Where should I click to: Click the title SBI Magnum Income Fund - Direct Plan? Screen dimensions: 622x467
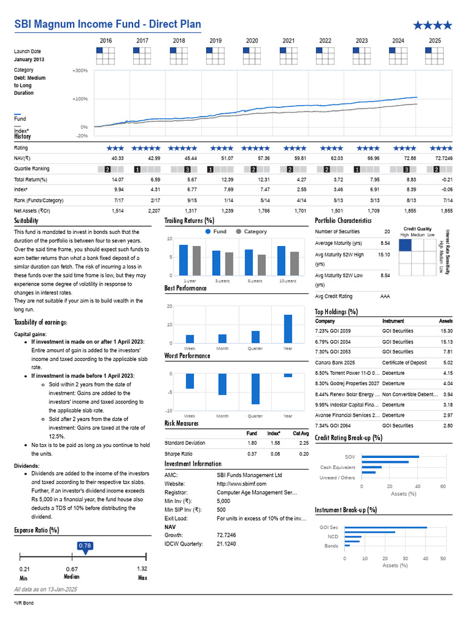tap(108, 24)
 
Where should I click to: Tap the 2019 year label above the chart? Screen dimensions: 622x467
tap(216, 41)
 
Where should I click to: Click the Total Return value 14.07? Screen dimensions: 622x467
tap(118, 179)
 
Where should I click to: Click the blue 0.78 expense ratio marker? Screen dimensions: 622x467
tap(85, 546)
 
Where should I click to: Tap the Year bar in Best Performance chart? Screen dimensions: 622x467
tap(288, 329)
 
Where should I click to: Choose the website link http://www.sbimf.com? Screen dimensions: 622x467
tap(241, 484)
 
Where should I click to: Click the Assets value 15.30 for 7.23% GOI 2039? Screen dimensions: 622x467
tap(446, 331)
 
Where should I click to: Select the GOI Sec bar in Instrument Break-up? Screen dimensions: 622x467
tap(386, 527)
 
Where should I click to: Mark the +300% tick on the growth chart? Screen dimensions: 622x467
tap(80, 70)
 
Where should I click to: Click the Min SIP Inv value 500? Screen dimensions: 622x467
tap(221, 510)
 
